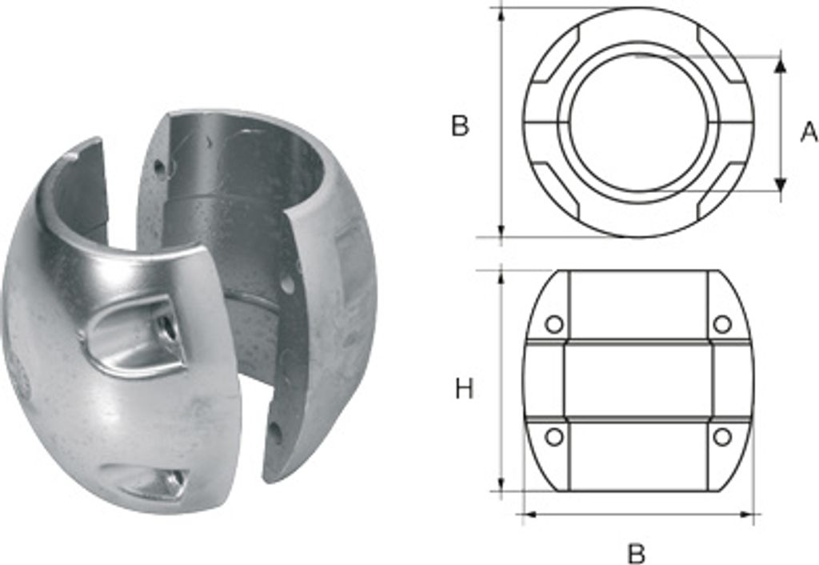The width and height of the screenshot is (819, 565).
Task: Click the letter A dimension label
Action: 809,132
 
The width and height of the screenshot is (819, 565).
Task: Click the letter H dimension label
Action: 464,390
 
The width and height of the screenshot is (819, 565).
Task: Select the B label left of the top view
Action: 460,126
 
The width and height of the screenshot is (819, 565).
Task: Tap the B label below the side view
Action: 637,554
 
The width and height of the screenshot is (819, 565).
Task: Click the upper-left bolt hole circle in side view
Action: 554,325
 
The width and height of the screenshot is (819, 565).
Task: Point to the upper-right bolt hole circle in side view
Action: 722,325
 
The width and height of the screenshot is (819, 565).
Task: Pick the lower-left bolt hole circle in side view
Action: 554,436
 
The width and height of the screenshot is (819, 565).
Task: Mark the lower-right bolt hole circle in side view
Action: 722,436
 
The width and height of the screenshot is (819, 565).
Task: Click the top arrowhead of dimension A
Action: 781,65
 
